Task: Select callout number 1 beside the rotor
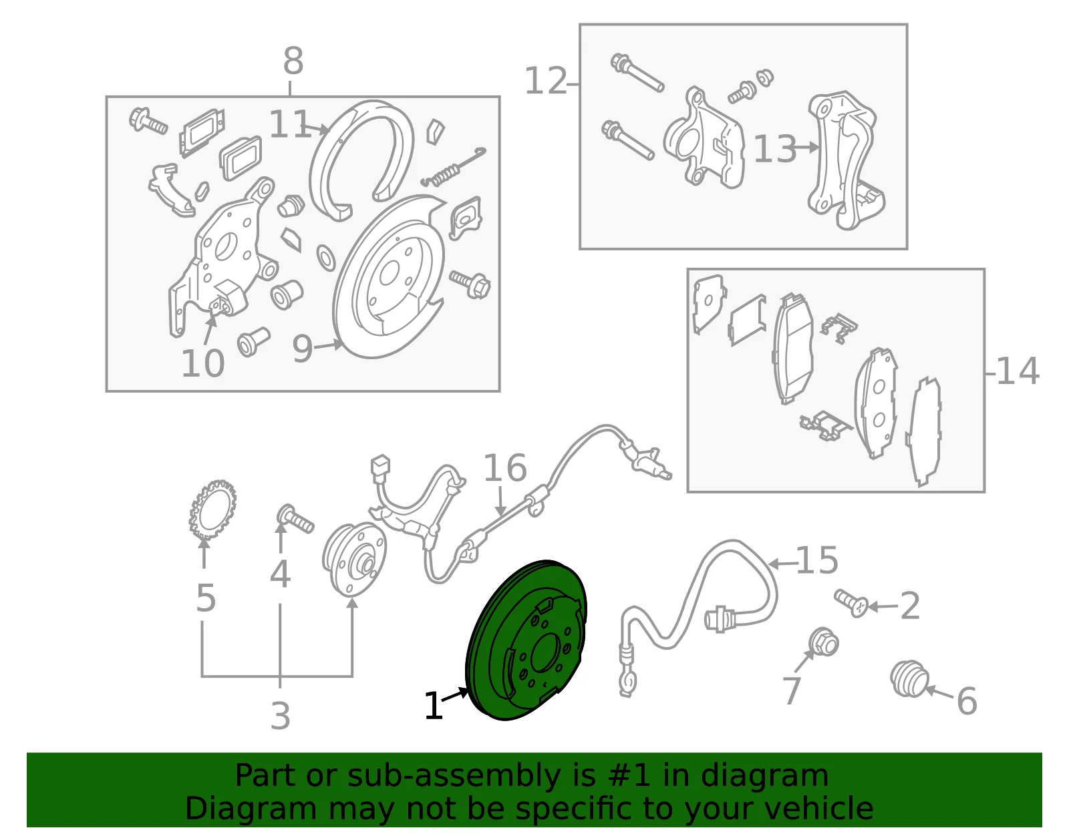pyautogui.click(x=434, y=706)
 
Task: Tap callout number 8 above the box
pyautogui.click(x=293, y=61)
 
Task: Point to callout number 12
pyautogui.click(x=546, y=81)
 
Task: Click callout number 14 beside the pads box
pyautogui.click(x=1018, y=371)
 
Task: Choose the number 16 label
pyautogui.click(x=505, y=467)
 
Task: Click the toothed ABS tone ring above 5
pyautogui.click(x=212, y=509)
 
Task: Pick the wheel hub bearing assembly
pyautogui.click(x=354, y=559)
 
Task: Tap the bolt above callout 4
pyautogui.click(x=295, y=519)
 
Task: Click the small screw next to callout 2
pyautogui.click(x=851, y=603)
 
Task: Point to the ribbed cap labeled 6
pyautogui.click(x=909, y=678)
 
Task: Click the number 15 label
pyautogui.click(x=817, y=560)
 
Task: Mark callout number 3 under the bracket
pyautogui.click(x=281, y=716)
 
